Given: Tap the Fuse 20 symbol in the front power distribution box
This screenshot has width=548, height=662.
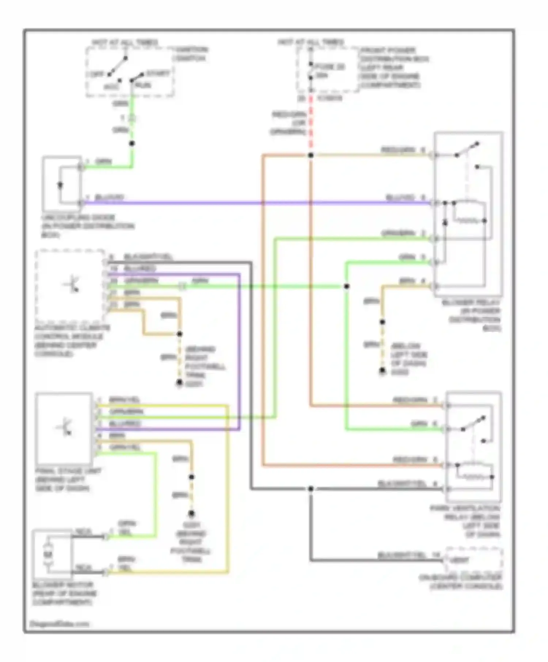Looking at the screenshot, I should click(311, 71).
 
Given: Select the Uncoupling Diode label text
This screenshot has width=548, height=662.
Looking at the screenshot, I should click(88, 226).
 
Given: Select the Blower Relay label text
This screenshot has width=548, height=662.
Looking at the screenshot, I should click(471, 315).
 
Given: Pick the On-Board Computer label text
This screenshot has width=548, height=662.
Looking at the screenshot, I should click(461, 582).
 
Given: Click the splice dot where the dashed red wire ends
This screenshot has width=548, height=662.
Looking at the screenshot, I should click(311, 155).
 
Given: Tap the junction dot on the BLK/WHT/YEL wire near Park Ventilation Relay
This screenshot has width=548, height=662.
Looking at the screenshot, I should click(311, 489).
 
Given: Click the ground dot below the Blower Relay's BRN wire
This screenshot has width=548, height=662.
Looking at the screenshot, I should click(382, 371).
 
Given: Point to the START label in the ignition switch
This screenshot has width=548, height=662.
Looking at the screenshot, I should click(158, 74).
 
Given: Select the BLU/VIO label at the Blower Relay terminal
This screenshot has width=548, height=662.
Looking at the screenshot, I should click(400, 198).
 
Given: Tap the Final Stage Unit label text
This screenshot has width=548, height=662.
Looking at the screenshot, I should click(68, 480).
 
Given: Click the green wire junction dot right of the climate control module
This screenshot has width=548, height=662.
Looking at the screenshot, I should click(346, 286).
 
